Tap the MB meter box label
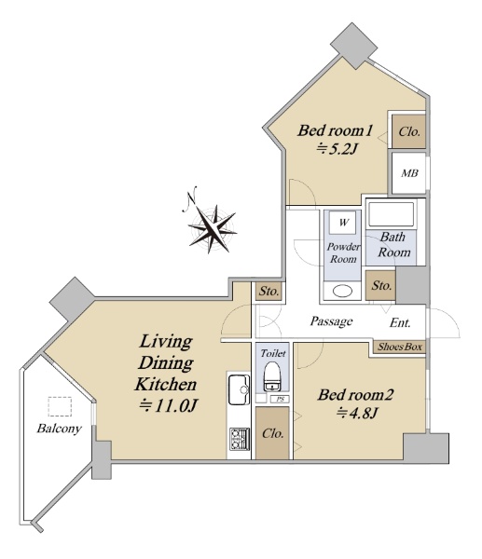(409, 173)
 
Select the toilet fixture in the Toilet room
(273, 376)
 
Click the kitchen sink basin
(239, 389)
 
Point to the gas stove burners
(239, 439)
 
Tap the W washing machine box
(343, 223)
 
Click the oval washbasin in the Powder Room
(342, 291)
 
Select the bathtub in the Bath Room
(392, 214)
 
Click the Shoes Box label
(400, 347)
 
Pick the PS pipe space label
(281, 400)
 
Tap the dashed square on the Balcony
(60, 407)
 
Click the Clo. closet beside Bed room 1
(409, 131)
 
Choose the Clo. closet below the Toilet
(272, 433)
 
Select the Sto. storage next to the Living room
(269, 292)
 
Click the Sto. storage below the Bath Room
(381, 285)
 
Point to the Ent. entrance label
(400, 323)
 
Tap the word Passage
(332, 321)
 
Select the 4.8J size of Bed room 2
(356, 413)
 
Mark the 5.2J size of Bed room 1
(336, 149)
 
